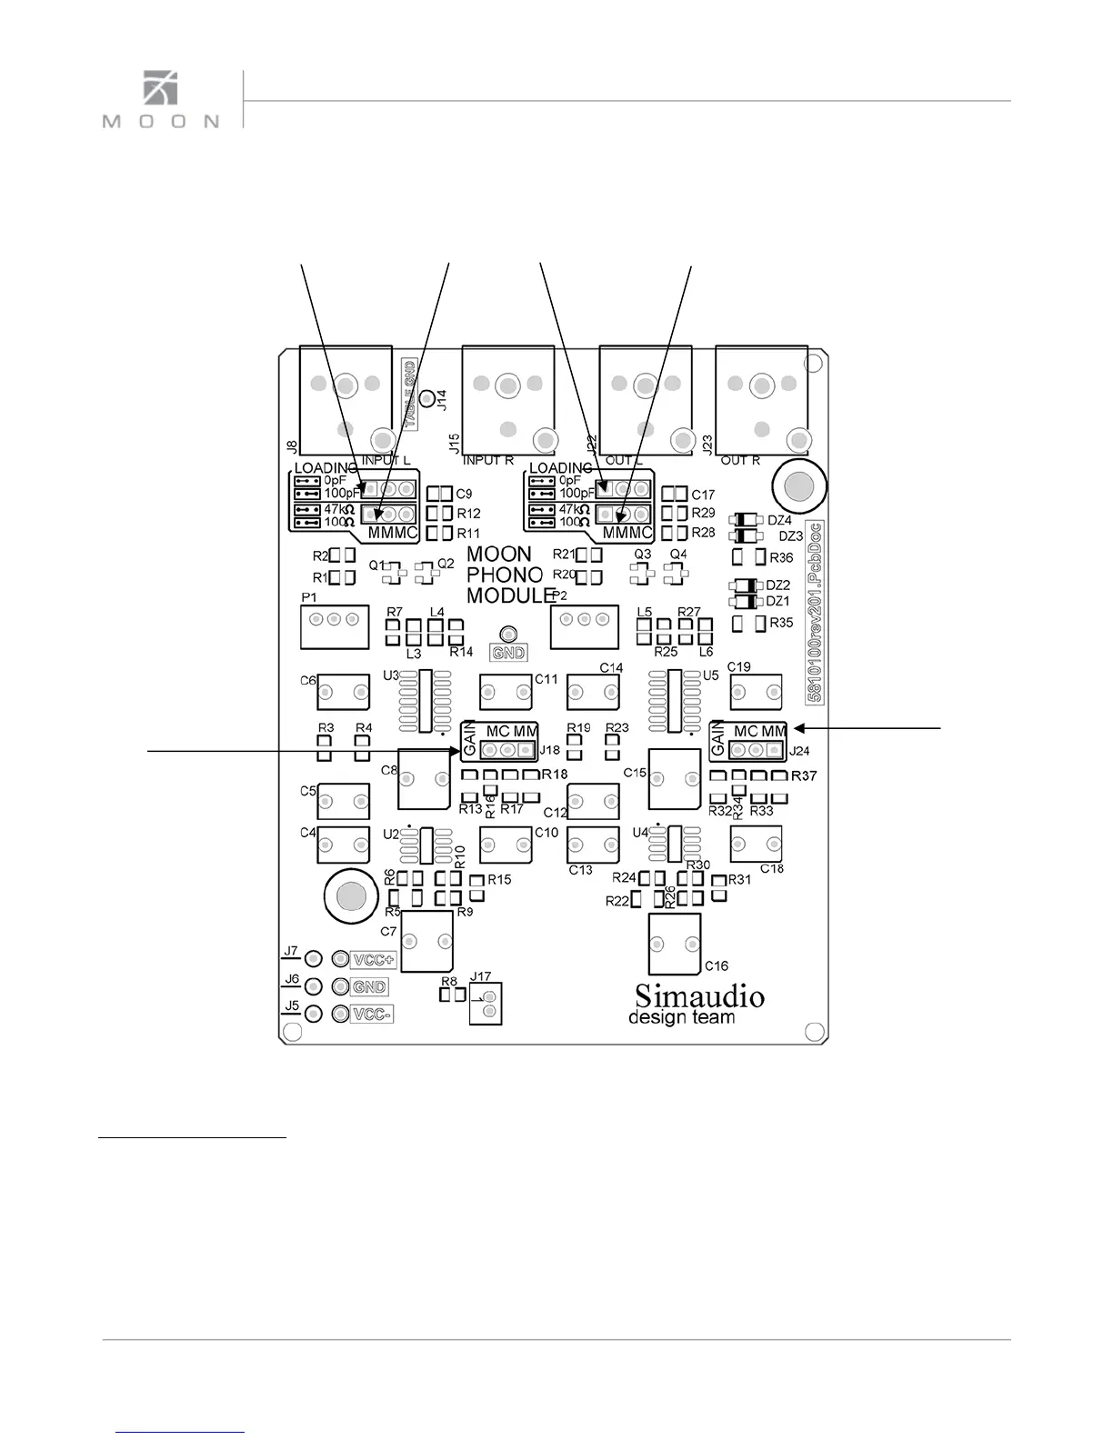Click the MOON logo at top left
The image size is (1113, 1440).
[161, 100]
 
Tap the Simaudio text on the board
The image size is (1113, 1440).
[699, 995]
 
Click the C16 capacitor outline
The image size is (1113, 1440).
[675, 944]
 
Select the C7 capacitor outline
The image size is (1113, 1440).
[426, 940]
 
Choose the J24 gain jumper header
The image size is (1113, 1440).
[757, 750]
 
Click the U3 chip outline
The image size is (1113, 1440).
[424, 701]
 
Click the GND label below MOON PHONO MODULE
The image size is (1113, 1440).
[508, 652]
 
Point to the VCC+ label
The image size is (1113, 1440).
[374, 959]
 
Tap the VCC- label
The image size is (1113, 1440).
[373, 1015]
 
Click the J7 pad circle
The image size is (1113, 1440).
[314, 958]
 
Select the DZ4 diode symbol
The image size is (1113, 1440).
[746, 521]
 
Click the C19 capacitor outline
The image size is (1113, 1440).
[756, 694]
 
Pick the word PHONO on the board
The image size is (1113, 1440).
[505, 575]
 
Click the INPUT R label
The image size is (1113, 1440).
[488, 461]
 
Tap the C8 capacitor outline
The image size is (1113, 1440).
[424, 779]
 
